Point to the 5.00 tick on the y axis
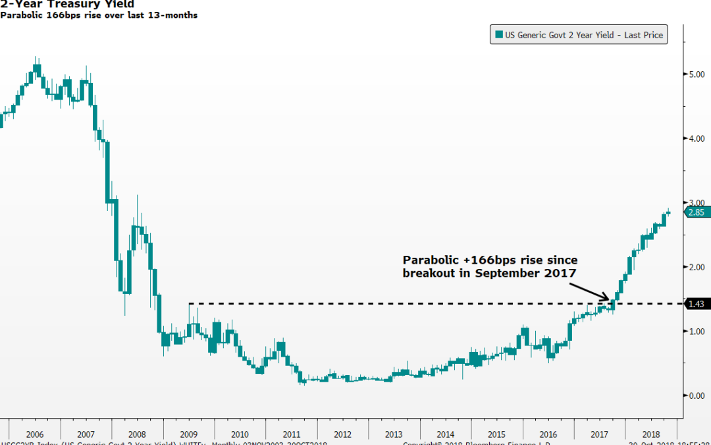coord(697,74)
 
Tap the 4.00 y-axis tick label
coord(697,138)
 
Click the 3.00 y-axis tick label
coord(697,203)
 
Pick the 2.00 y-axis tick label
coord(697,267)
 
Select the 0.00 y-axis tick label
coord(697,396)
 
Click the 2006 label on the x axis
coord(34,434)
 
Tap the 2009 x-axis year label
coord(188,434)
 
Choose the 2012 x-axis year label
coord(342,434)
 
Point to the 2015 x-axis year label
coord(496,434)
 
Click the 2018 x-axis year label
coord(650,434)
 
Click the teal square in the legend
coord(499,35)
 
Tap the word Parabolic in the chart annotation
coord(429,260)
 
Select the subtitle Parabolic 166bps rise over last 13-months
coord(99,15)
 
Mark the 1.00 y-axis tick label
coord(697,332)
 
